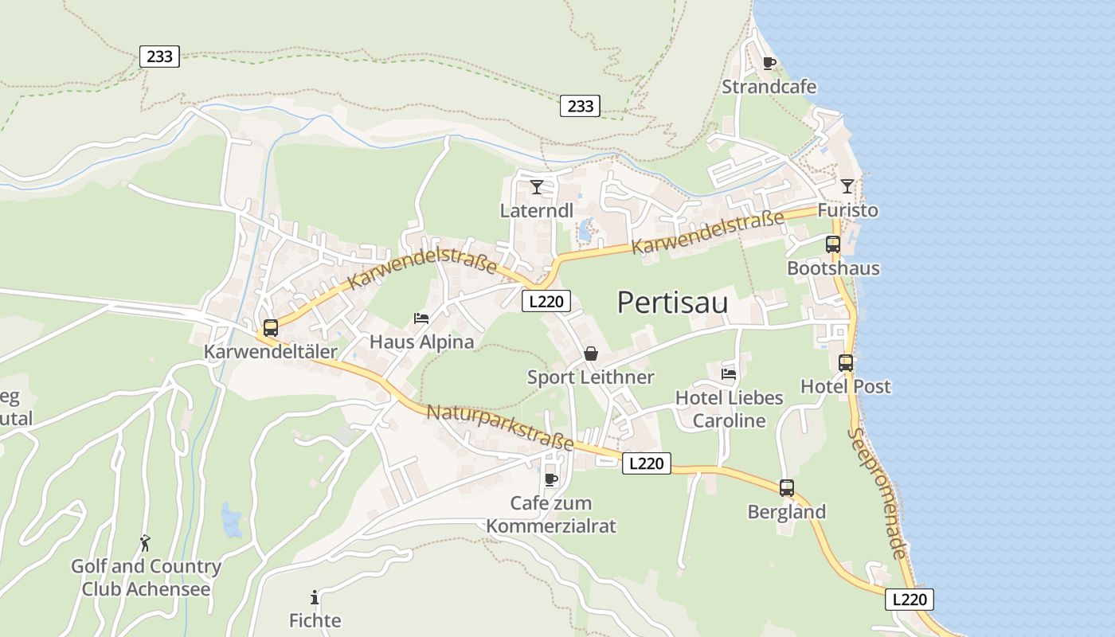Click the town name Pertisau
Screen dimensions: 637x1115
672,303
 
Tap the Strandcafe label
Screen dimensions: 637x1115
769,87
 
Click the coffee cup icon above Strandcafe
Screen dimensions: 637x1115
769,63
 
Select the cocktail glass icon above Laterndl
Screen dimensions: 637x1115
537,187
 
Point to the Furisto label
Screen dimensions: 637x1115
847,210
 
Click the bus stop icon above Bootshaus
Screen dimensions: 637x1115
833,244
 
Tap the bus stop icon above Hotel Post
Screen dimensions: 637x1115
845,363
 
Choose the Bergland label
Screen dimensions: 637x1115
786,512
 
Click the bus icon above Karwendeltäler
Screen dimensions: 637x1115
271,327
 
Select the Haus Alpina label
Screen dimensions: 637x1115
421,342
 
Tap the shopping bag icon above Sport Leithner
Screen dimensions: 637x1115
591,354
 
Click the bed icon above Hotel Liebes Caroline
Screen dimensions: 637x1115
729,373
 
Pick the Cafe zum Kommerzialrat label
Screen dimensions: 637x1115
551,514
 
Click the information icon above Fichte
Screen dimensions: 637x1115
315,597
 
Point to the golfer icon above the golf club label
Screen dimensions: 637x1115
145,543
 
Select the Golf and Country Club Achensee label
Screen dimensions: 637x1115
146,578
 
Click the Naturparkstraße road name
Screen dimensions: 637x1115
500,428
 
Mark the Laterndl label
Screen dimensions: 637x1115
536,211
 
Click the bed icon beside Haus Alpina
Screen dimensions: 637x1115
421,318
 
